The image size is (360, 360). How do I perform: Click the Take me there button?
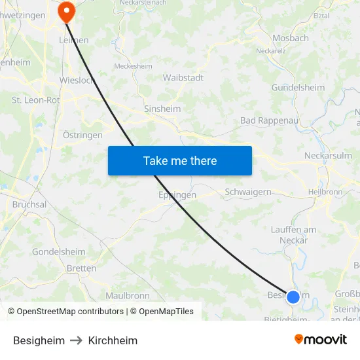coord(180,160)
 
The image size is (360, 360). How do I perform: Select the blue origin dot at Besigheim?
coord(293,297)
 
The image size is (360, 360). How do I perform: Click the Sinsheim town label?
coord(162,109)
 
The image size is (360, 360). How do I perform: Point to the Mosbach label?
coord(290,38)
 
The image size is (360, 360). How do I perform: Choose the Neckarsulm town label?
coord(328,156)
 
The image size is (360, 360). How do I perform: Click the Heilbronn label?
coord(325,192)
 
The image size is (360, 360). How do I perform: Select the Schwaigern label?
coord(247,192)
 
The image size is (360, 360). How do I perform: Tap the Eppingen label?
coord(177,195)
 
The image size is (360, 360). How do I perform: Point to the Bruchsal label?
coord(29,204)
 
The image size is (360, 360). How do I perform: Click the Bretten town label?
coord(81,268)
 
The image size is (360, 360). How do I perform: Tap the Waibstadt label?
coord(183,77)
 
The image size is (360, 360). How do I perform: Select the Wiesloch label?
coord(77,81)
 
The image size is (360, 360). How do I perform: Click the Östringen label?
coord(82,135)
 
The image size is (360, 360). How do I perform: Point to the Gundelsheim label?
coord(298,88)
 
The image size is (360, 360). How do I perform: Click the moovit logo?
coord(320,340)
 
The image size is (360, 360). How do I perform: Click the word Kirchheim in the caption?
coord(113,340)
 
